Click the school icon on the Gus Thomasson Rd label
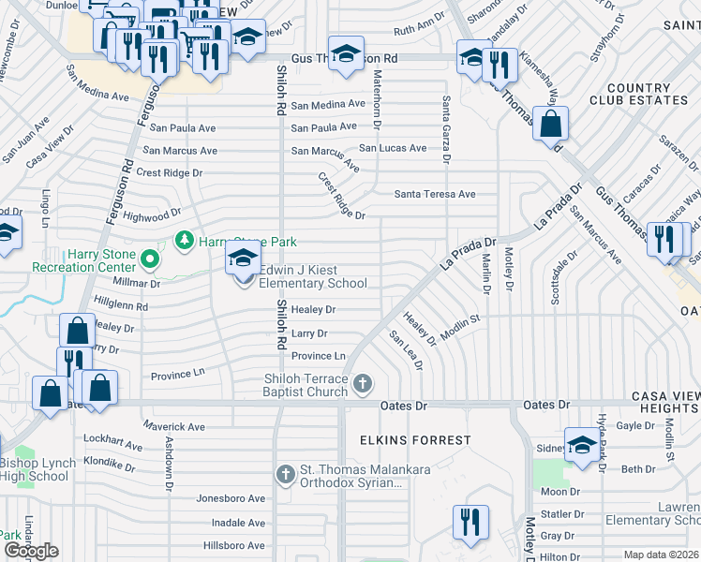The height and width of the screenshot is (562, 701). pyautogui.click(x=346, y=54)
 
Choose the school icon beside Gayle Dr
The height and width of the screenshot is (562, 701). pyautogui.click(x=582, y=445)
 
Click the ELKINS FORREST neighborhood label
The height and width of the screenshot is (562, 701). pyautogui.click(x=414, y=439)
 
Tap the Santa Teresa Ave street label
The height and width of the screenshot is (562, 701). pyautogui.click(x=435, y=195)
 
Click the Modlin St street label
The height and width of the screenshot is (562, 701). pyautogui.click(x=460, y=319)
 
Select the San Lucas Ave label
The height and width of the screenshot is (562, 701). pyautogui.click(x=393, y=148)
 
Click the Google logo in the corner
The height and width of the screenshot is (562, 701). pyautogui.click(x=31, y=551)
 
